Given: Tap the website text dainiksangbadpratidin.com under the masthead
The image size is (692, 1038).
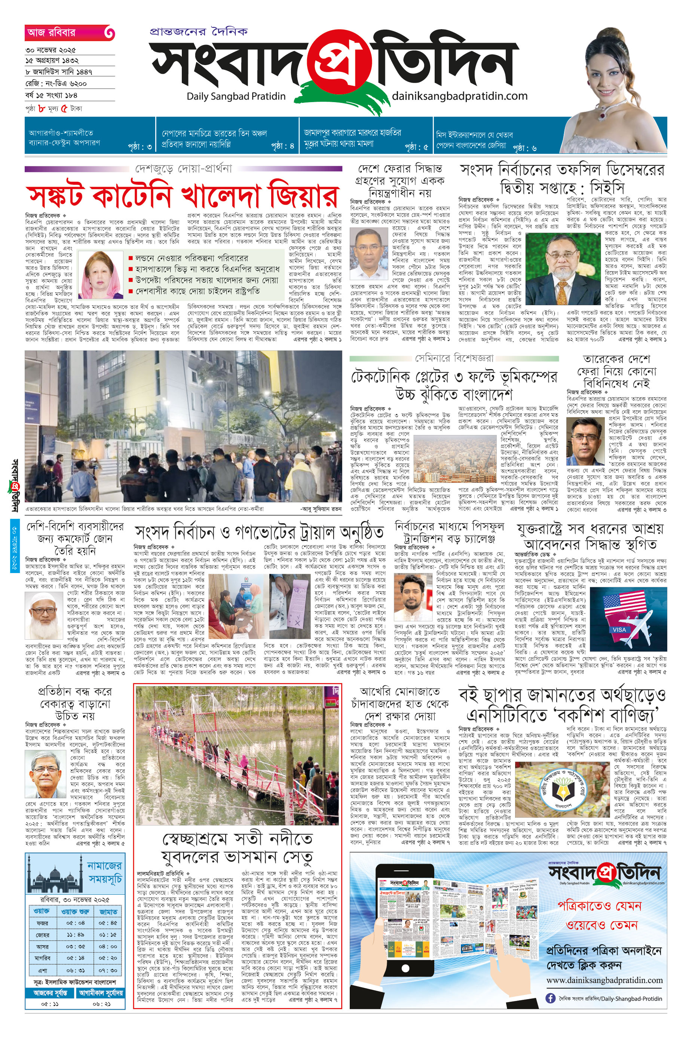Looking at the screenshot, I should pos(459,96).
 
